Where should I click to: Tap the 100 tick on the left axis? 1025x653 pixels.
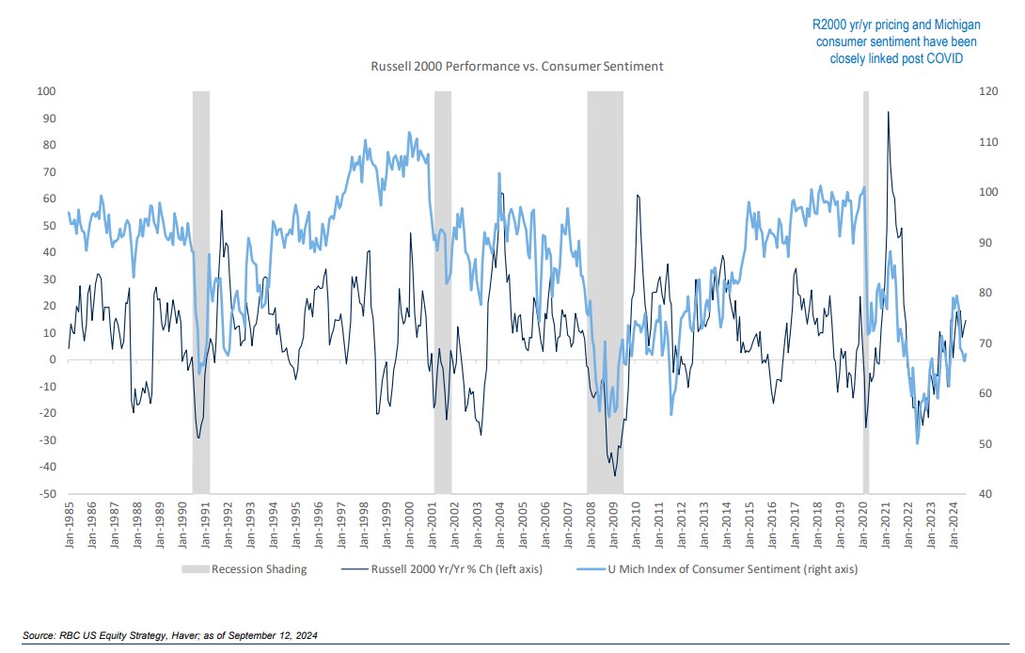click(x=44, y=91)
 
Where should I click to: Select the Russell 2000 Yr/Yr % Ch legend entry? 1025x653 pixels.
click(x=453, y=568)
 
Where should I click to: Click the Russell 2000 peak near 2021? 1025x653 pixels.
click(x=888, y=112)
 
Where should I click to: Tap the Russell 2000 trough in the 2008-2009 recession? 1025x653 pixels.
click(x=615, y=475)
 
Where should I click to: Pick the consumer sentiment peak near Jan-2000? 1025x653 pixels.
click(x=409, y=133)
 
